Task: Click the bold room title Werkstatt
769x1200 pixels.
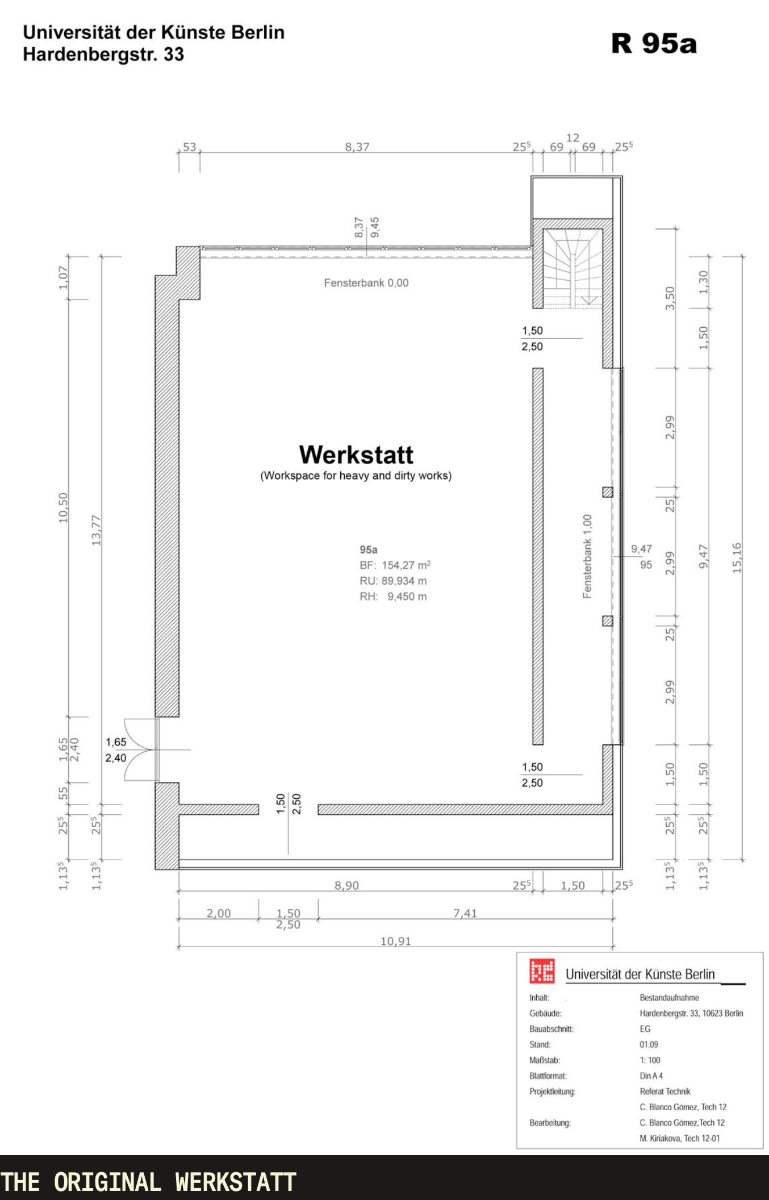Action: click(356, 455)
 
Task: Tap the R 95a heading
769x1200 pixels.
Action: click(654, 43)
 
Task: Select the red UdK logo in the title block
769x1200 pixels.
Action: click(542, 971)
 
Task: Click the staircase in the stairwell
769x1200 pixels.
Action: click(573, 268)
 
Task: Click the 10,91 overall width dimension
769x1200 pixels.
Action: click(395, 941)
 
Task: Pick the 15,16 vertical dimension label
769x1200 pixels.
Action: click(737, 557)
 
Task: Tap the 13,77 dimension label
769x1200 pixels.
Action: click(96, 530)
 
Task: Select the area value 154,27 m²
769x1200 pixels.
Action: click(406, 565)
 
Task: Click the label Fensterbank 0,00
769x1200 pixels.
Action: click(366, 283)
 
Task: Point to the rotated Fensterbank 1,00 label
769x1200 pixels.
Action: click(587, 556)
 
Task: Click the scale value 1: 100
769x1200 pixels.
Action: click(650, 1060)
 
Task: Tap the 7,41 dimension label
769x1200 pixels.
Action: click(465, 913)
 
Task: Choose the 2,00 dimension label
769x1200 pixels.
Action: click(219, 913)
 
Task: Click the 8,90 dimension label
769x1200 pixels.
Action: click(346, 885)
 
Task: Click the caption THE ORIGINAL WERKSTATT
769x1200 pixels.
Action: click(148, 1182)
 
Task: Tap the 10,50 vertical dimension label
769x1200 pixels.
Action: click(63, 507)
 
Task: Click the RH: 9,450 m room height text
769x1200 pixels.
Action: click(393, 597)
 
